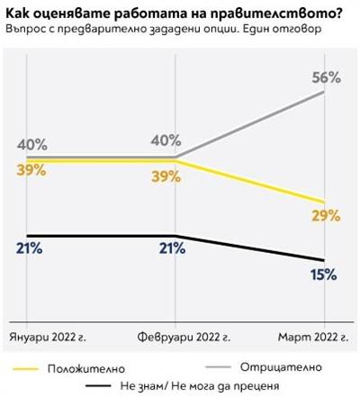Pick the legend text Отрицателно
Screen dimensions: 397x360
(x=276, y=367)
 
